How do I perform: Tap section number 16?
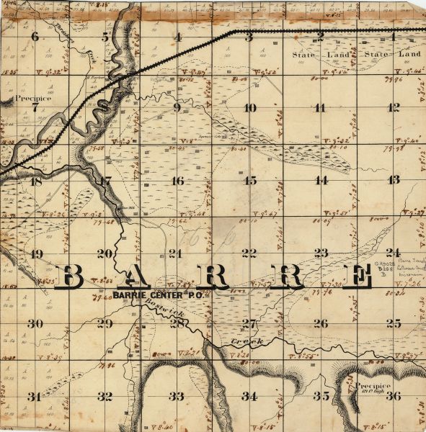[177, 181]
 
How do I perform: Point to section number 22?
[249, 253]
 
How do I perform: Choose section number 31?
[34, 397]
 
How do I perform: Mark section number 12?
[393, 108]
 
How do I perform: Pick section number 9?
[177, 108]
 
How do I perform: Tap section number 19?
[36, 253]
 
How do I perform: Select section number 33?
[177, 396]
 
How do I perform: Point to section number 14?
[321, 180]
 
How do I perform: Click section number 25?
[393, 323]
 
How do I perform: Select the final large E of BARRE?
[355, 276]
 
